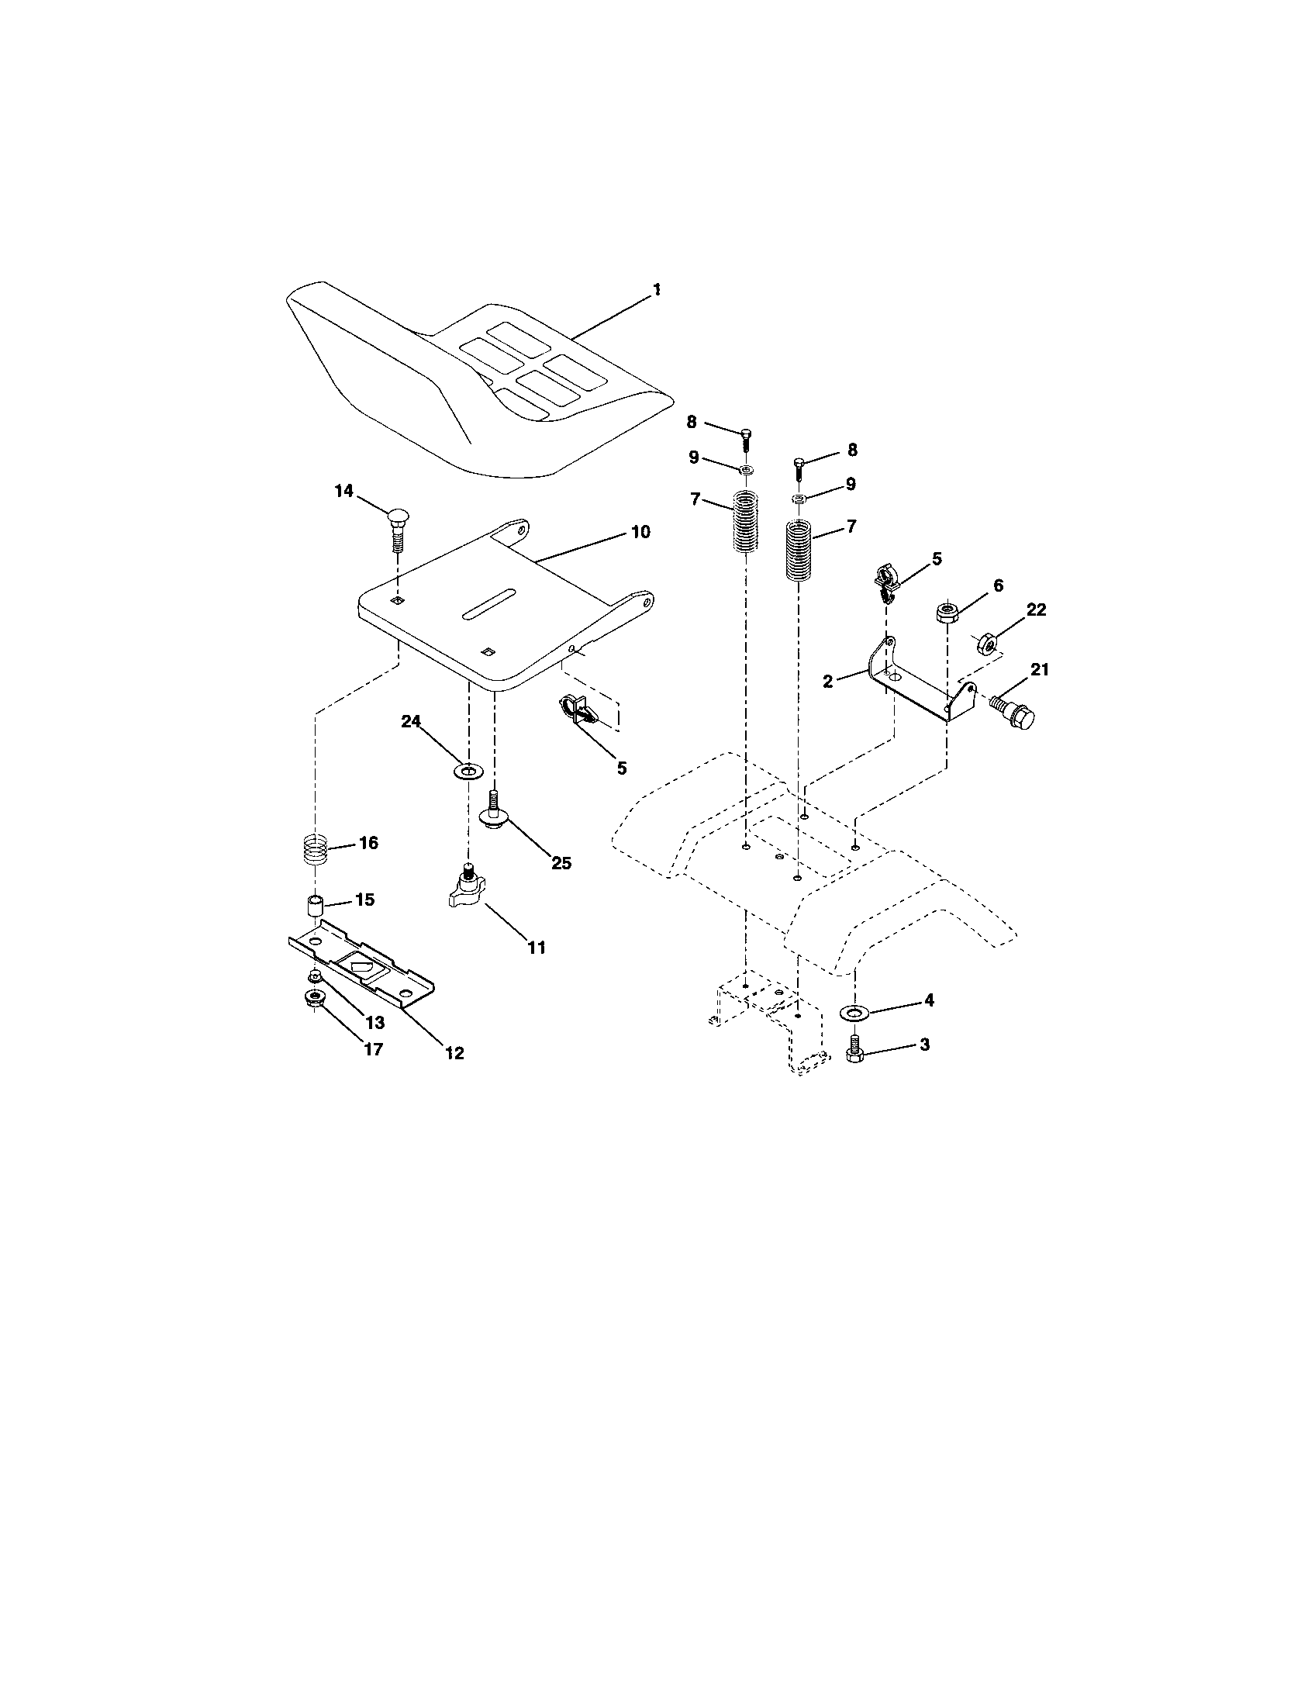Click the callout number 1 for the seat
pyautogui.click(x=656, y=290)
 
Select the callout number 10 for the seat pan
pyautogui.click(x=640, y=532)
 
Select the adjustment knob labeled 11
pyautogui.click(x=467, y=890)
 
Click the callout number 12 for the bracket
pyautogui.click(x=454, y=1053)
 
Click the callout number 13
pyautogui.click(x=374, y=1024)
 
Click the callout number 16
pyautogui.click(x=368, y=843)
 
